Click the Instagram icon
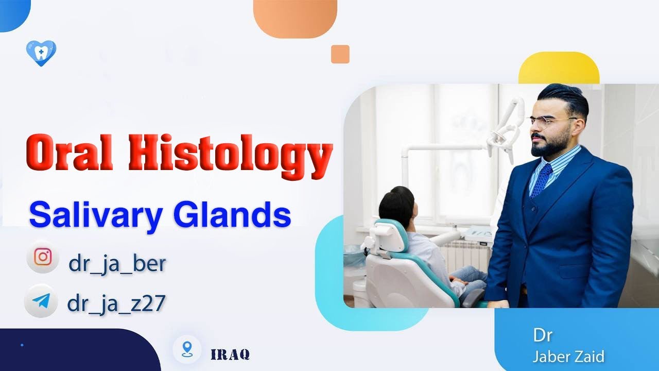43,256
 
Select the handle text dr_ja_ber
117,263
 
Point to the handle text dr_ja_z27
116,303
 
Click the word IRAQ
230,355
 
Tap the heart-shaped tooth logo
41,53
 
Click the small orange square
340,54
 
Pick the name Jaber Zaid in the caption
568,356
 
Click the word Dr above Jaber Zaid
543,335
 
